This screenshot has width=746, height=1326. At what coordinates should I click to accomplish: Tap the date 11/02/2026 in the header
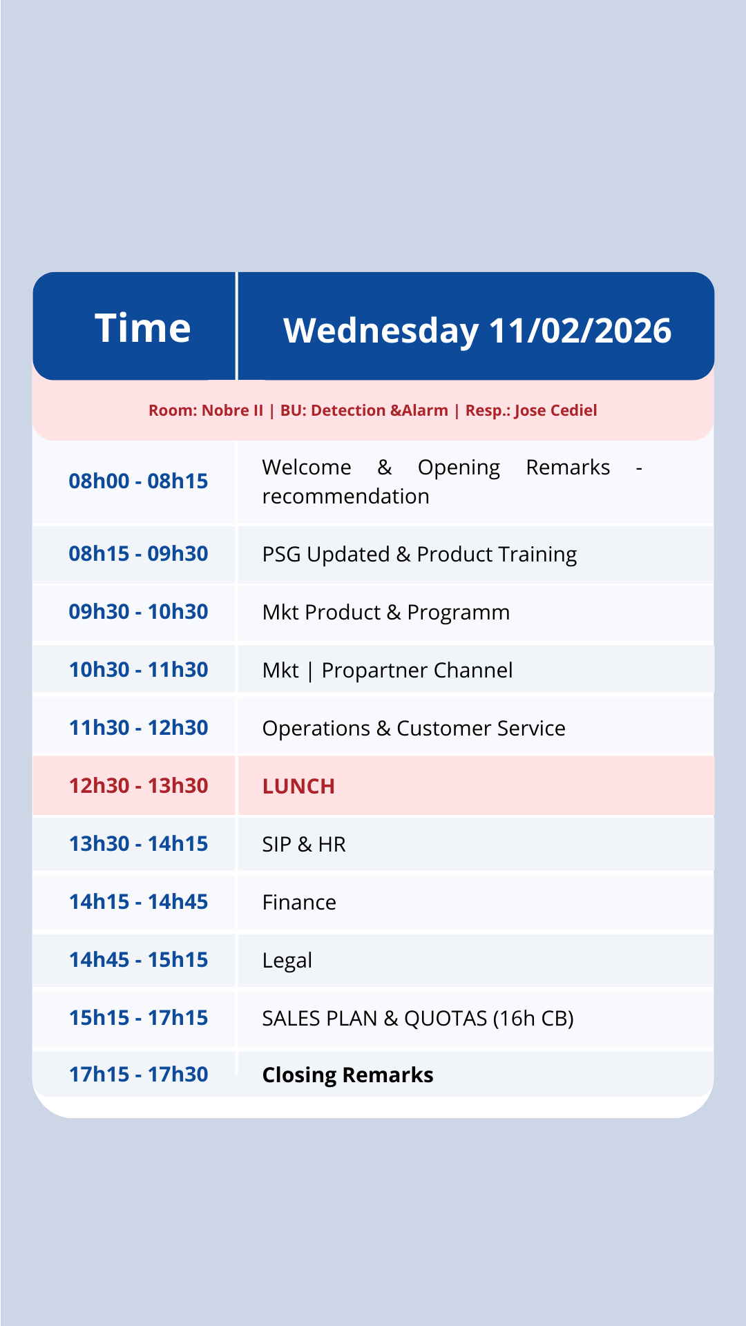[x=580, y=330]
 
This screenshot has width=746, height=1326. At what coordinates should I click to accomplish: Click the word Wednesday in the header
[x=381, y=330]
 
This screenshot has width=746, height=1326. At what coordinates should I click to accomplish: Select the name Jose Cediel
[x=555, y=410]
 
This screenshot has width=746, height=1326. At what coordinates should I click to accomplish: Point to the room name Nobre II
[x=232, y=410]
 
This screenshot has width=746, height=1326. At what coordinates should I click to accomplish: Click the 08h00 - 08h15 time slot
[x=138, y=481]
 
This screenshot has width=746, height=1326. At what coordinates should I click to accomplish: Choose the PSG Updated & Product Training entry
[x=419, y=555]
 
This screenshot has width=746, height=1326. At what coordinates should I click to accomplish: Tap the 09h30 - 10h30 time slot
[x=138, y=611]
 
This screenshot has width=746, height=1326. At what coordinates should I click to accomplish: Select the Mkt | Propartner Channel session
[x=388, y=671]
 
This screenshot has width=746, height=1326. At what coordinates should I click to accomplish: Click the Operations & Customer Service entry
[x=414, y=728]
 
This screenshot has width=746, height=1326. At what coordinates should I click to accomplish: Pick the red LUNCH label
[x=298, y=786]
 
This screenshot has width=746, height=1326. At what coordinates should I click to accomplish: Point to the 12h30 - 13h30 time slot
[x=138, y=785]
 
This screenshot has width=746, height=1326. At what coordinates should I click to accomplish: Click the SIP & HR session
[x=304, y=844]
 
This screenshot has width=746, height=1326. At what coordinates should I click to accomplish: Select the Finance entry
[x=299, y=902]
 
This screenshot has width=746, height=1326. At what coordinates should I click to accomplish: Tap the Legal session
[x=287, y=961]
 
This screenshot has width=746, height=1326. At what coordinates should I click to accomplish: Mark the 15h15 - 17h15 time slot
[x=138, y=1017]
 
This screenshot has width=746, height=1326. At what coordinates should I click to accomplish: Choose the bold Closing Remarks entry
[x=347, y=1075]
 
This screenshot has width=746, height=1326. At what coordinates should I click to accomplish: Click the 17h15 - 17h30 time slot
[x=138, y=1074]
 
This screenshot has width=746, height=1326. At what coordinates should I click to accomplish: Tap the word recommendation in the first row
[x=345, y=496]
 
